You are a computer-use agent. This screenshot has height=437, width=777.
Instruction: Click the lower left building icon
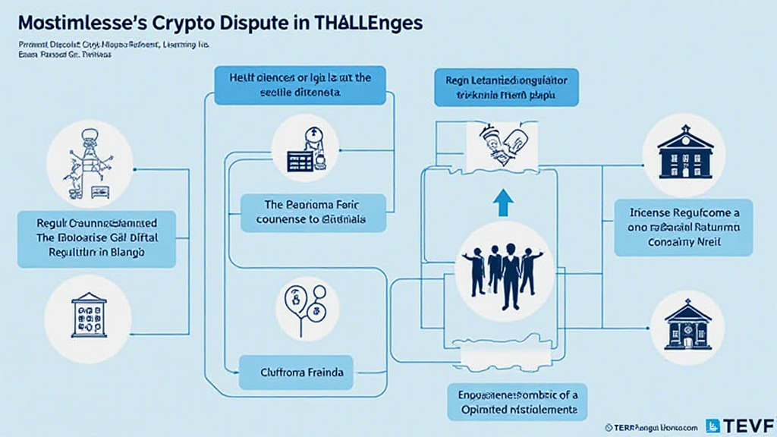89,315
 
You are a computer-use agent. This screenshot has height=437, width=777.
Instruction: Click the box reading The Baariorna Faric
313,212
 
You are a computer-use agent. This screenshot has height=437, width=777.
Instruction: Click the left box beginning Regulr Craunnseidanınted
96,239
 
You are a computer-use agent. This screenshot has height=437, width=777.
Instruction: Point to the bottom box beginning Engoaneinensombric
517,401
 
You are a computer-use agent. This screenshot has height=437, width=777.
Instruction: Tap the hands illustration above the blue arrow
502,146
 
